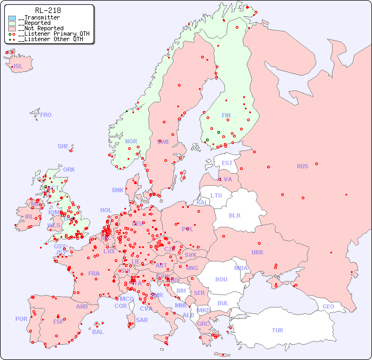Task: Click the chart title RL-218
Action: click(48, 10)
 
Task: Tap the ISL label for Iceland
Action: click(18, 67)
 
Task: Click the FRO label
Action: click(46, 115)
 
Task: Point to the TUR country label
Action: click(277, 330)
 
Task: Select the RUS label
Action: click(302, 166)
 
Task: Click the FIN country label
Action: click(226, 115)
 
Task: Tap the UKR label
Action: click(257, 252)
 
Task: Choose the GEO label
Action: click(328, 306)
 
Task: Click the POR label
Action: click(21, 319)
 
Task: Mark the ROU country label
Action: click(221, 279)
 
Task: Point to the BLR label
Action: click(234, 215)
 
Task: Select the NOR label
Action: click(131, 141)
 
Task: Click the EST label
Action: click(227, 163)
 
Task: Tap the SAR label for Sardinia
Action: click(142, 320)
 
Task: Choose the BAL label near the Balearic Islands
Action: click(97, 332)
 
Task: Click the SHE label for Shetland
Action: click(63, 146)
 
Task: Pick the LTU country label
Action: click(216, 195)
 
